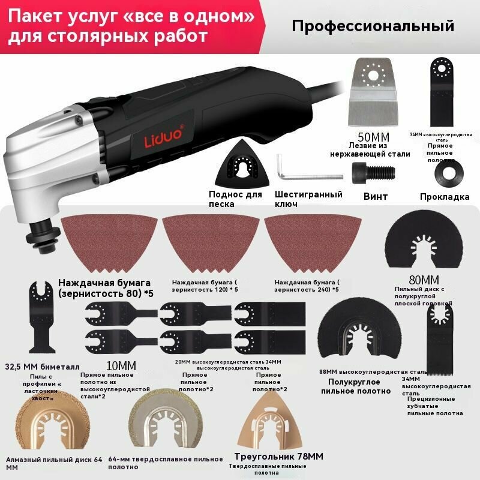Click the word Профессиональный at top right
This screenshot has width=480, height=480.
click(373, 26)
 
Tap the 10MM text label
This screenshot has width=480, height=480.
click(121, 365)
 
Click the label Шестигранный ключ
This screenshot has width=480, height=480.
click(308, 199)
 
